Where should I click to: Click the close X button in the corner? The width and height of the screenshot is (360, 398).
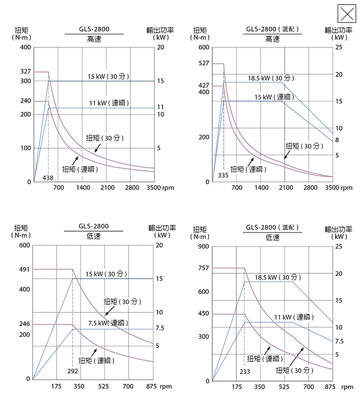(x=346, y=13)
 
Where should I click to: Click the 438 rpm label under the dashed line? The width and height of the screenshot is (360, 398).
(x=48, y=178)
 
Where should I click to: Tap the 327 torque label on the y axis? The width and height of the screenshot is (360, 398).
(x=26, y=72)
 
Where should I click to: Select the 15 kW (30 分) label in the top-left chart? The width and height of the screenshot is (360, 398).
(x=108, y=76)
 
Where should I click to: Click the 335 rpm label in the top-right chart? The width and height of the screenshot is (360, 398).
(x=223, y=175)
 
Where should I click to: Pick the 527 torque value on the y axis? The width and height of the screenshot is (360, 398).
(x=203, y=63)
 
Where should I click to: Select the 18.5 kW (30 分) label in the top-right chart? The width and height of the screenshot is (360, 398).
(x=271, y=78)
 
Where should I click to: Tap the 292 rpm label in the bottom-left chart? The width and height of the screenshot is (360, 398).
(x=73, y=371)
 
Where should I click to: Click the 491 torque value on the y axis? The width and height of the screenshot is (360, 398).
(x=25, y=269)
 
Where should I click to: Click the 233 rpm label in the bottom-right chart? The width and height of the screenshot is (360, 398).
(x=245, y=371)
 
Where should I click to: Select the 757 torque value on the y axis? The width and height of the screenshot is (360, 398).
(x=203, y=268)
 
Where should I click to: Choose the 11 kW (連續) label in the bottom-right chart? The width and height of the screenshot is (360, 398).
(x=293, y=317)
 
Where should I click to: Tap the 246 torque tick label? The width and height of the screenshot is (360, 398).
(x=25, y=324)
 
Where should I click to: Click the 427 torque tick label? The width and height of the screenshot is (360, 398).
(x=203, y=86)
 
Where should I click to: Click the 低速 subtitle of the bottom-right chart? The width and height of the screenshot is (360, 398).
(x=273, y=237)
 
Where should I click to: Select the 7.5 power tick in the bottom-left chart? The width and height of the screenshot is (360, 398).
(x=160, y=328)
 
